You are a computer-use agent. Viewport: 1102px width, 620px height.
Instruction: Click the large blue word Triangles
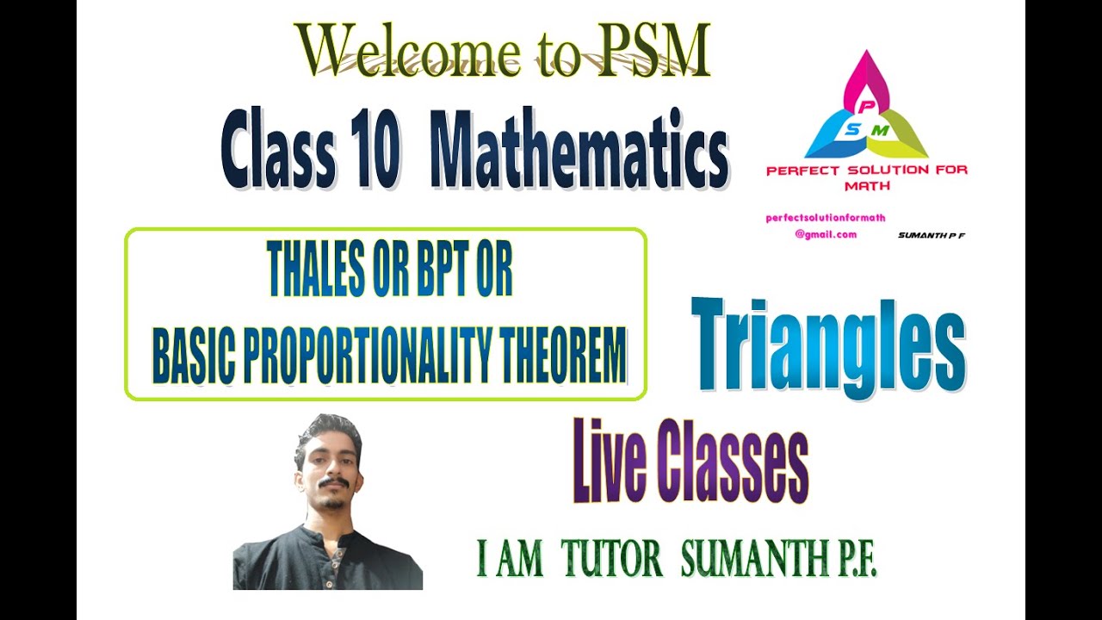pos(827,345)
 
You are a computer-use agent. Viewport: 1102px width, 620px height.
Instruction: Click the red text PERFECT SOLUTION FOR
pos(866,170)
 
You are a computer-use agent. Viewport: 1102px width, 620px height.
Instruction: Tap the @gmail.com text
pos(826,234)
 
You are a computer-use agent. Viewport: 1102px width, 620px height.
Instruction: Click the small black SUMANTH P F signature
pos(931,234)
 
